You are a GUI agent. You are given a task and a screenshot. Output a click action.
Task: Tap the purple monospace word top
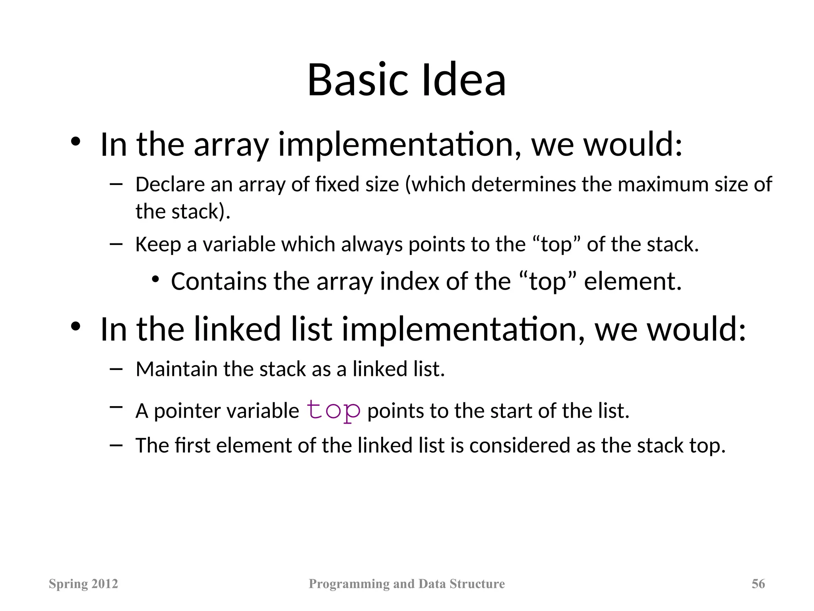click(333, 410)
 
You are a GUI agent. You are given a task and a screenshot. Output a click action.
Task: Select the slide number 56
click(758, 584)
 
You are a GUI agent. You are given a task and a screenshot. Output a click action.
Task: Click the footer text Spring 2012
click(83, 584)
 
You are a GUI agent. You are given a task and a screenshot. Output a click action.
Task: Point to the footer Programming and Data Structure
click(407, 584)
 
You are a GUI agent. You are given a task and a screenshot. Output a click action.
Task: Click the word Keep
click(158, 244)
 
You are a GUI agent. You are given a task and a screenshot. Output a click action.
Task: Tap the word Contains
click(219, 281)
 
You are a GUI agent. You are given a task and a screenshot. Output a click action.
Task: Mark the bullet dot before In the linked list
click(76, 327)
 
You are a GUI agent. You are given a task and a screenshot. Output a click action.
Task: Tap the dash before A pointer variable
click(116, 407)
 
